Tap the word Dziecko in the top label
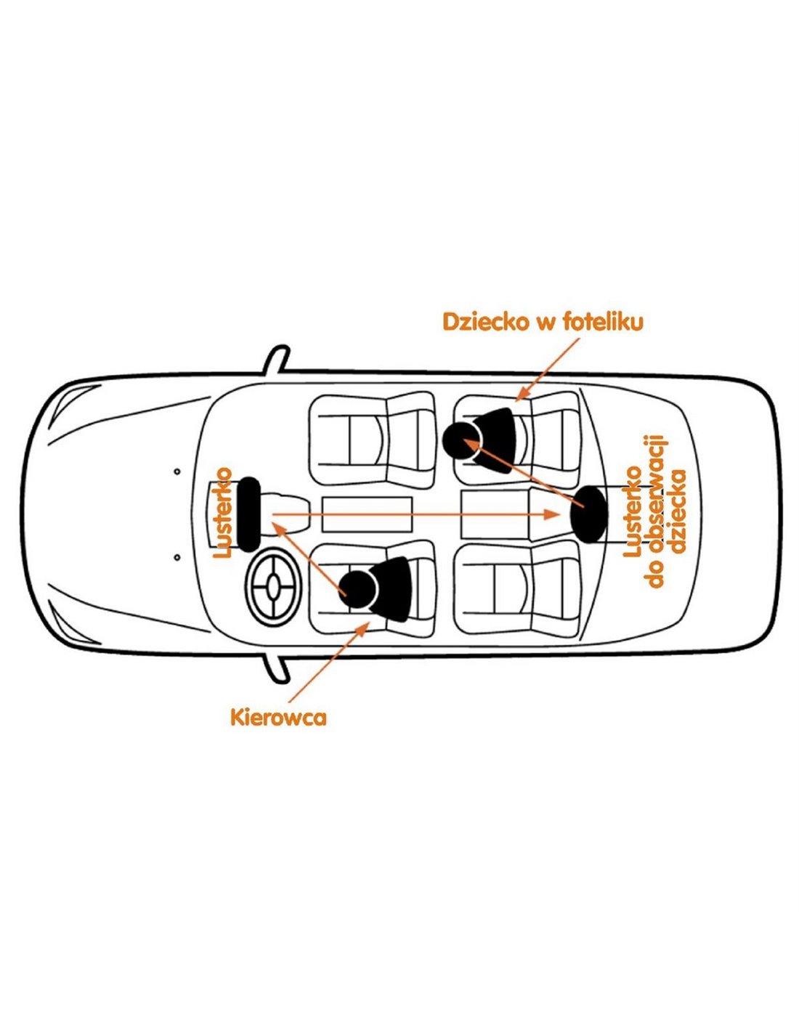click(x=485, y=322)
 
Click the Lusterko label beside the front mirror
click(x=223, y=513)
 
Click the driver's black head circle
click(x=358, y=589)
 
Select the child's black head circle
click(x=461, y=439)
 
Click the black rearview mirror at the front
click(x=248, y=514)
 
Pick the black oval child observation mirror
click(x=589, y=514)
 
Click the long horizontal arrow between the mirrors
click(x=415, y=514)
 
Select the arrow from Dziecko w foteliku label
click(x=548, y=369)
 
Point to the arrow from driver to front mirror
click(x=308, y=558)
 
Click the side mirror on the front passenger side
click(x=277, y=360)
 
